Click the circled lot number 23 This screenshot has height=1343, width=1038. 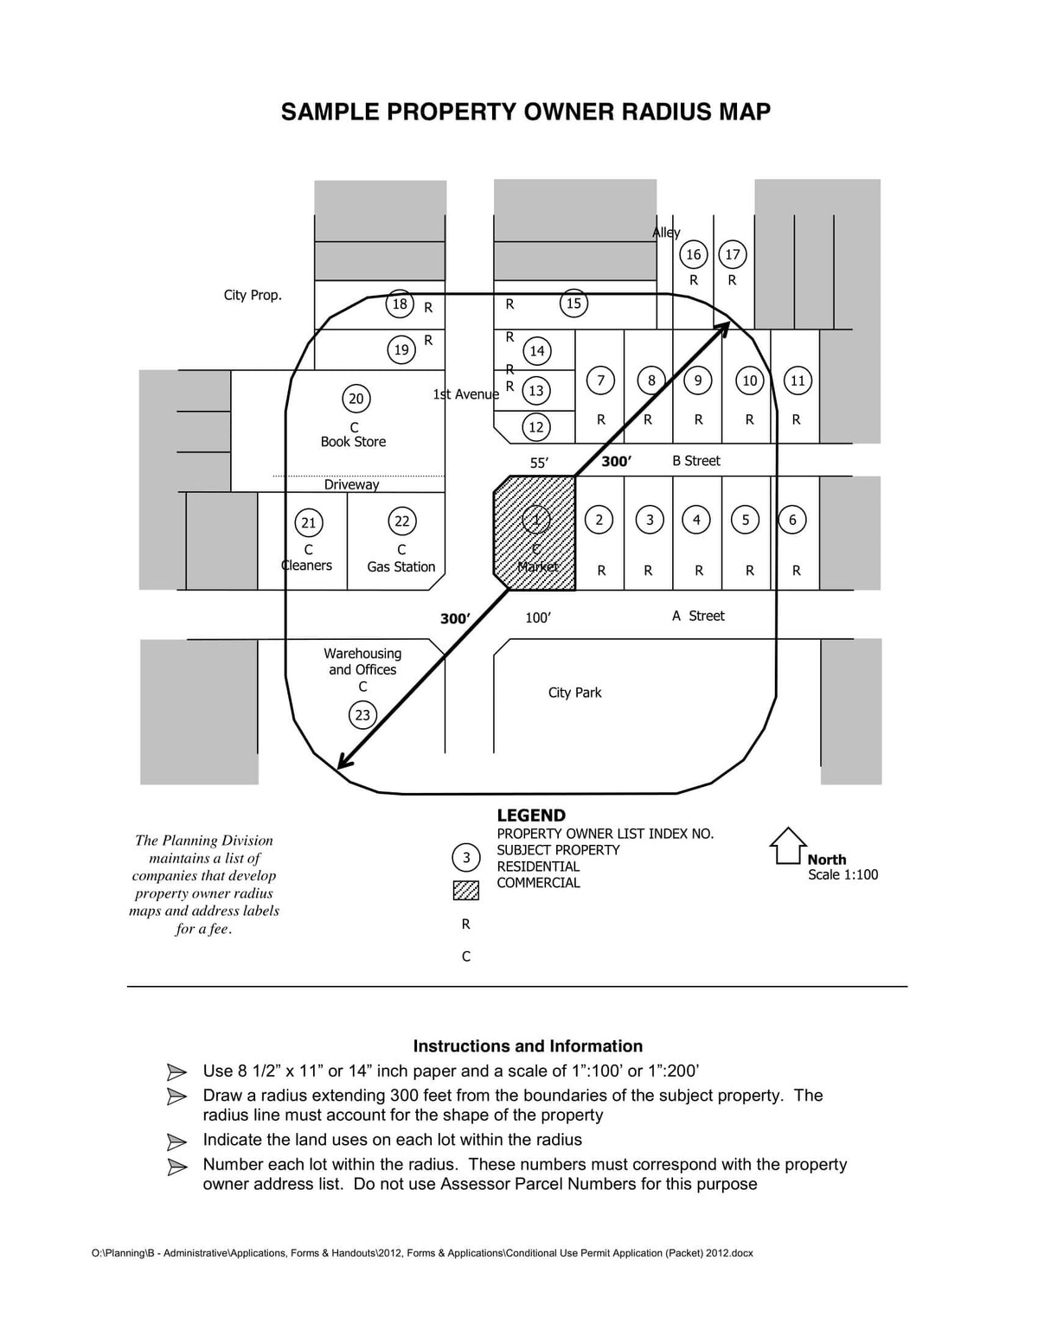click(x=362, y=715)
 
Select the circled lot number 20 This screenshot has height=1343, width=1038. click(x=356, y=399)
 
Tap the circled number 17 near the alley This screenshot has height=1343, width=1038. click(x=733, y=254)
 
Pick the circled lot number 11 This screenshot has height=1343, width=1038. click(x=798, y=381)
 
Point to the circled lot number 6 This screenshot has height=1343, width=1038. click(x=792, y=520)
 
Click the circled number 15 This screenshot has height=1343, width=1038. click(x=573, y=304)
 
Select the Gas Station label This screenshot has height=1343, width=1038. click(x=400, y=566)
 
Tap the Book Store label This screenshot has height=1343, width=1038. click(x=353, y=442)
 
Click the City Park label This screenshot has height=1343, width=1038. click(x=574, y=693)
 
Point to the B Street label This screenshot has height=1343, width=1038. click(x=696, y=461)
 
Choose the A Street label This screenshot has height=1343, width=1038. click(x=698, y=616)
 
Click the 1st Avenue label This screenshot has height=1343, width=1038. click(x=465, y=394)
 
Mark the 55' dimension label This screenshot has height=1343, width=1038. click(x=539, y=463)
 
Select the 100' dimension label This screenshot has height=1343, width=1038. click(x=538, y=617)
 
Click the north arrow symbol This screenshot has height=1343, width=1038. click(x=787, y=846)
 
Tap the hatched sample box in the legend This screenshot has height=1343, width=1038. click(x=466, y=891)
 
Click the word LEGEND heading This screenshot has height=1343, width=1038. click(x=531, y=815)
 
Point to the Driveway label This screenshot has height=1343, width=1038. click(x=351, y=484)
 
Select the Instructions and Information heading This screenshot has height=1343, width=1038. click(x=528, y=1046)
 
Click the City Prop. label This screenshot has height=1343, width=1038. click(x=253, y=295)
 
